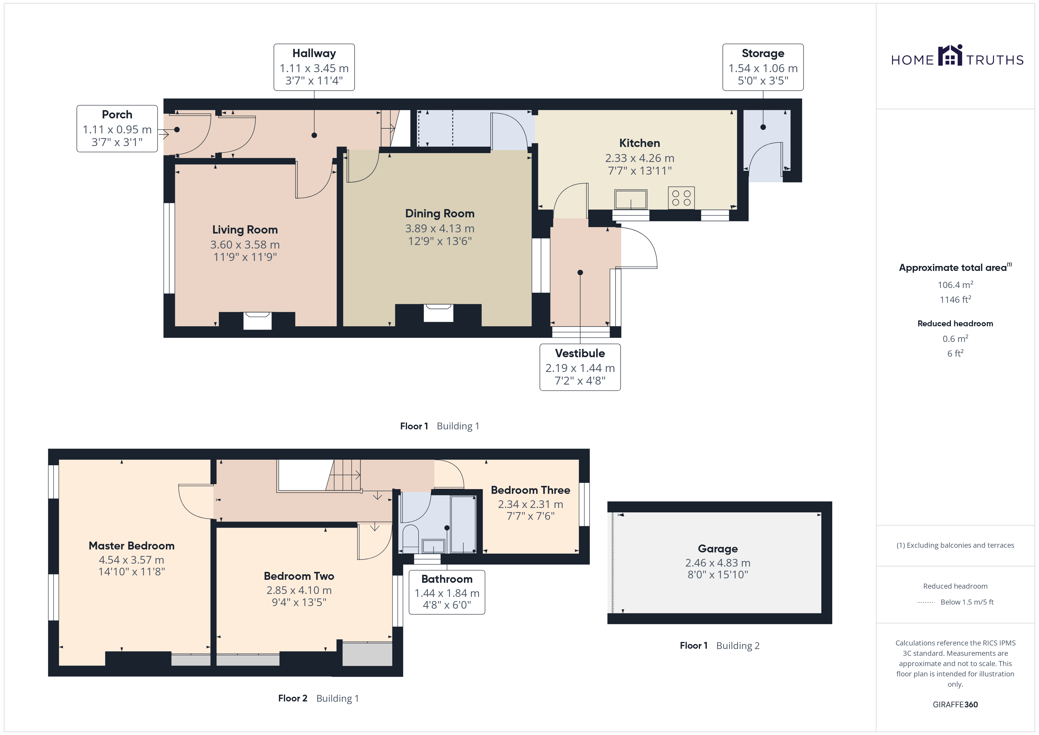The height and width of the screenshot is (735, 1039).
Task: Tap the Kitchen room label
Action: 639,143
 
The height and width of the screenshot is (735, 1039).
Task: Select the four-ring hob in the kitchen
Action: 681,198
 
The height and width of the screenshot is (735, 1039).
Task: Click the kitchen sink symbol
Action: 631,199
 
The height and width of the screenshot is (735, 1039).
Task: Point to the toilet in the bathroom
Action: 411,539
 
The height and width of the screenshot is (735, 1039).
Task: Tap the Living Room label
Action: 245,230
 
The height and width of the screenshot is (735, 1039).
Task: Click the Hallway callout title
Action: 314,53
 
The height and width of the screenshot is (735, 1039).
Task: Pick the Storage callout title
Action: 763,53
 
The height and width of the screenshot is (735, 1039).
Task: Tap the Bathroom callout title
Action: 447,579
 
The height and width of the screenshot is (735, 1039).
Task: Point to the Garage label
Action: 718,549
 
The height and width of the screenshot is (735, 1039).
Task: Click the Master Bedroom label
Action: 132,546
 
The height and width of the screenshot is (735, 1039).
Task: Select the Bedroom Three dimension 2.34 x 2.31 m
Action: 531,504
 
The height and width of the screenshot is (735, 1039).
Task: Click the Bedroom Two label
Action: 299,576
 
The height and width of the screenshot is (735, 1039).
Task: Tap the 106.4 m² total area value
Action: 955,285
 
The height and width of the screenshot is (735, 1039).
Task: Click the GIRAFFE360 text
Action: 955,705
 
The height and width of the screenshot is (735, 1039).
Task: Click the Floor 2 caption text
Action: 293,698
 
